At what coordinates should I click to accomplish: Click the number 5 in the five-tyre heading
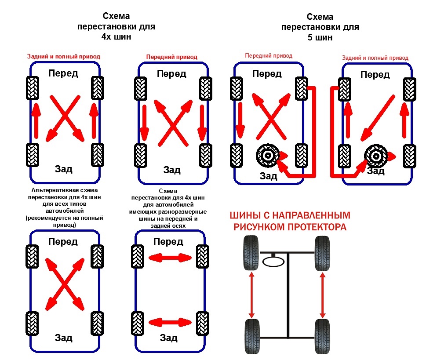tap(310, 37)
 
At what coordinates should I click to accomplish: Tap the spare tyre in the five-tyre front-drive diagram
tap(267, 156)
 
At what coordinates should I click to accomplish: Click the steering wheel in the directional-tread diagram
tap(273, 262)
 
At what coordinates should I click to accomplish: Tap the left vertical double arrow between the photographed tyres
tap(251, 295)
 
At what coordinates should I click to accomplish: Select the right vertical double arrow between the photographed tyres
tap(323, 295)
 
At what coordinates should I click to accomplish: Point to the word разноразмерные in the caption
tap(185, 211)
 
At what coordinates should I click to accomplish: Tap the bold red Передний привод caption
tap(171, 57)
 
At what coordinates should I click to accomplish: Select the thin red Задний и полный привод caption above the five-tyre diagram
tap(375, 58)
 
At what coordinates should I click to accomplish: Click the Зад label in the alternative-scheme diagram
tap(64, 338)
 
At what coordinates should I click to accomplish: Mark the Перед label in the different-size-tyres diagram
tap(168, 242)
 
